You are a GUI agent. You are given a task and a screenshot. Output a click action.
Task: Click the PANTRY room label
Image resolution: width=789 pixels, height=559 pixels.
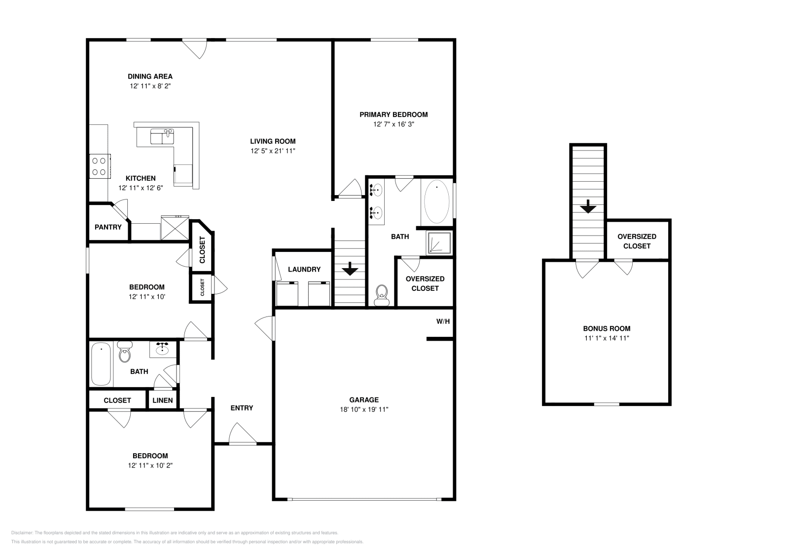tap(108, 227)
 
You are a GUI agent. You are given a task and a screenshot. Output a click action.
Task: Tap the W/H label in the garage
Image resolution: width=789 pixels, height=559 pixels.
tap(443, 321)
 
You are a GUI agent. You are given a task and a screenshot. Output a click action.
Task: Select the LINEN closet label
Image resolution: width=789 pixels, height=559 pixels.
tap(162, 400)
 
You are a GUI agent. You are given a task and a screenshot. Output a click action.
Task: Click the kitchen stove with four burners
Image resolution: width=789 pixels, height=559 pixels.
tap(100, 166)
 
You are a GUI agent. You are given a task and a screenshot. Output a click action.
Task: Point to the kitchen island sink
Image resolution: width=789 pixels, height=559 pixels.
tap(162, 136)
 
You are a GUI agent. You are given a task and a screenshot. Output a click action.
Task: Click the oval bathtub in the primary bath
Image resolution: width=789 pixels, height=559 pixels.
tap(437, 202)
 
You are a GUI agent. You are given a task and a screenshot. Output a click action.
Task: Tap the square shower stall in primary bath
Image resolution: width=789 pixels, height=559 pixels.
tap(439, 242)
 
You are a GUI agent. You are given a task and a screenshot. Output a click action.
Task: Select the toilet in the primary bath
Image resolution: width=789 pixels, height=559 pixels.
tap(382, 295)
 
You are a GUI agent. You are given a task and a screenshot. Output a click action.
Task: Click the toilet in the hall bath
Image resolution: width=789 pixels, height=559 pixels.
tap(125, 352)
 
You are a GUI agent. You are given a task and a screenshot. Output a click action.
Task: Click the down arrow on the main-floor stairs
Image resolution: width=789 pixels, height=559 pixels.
tap(350, 269)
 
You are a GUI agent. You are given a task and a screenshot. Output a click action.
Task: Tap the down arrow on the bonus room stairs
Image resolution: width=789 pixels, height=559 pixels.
tap(588, 207)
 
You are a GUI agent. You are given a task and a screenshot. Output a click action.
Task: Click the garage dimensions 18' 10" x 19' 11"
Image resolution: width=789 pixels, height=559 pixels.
tap(364, 409)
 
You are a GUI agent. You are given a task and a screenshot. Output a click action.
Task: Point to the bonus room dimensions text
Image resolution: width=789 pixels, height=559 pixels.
tap(607, 338)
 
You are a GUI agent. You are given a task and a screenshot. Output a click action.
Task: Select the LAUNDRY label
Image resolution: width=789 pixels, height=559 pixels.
tap(304, 270)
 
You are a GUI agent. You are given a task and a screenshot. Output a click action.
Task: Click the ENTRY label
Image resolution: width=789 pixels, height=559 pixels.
tap(242, 408)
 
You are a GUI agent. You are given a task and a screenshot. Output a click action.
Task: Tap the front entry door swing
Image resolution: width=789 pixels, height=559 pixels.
tap(242, 433)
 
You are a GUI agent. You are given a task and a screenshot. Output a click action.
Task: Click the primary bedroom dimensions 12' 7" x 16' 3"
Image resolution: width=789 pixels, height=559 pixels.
tap(394, 124)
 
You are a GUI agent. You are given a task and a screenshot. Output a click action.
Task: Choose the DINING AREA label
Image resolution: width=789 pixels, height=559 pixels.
tap(150, 77)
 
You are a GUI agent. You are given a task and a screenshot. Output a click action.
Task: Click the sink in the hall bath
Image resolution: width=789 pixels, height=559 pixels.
tap(162, 349)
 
